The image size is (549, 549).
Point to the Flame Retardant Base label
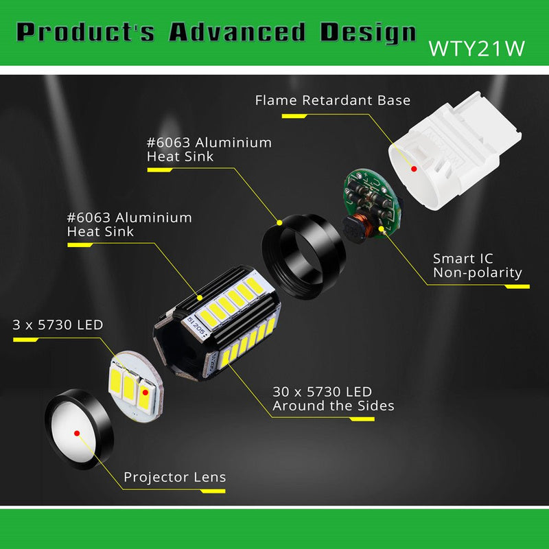332,100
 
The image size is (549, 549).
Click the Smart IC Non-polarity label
477,266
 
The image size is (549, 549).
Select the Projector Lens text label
174,477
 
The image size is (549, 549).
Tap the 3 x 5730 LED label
58,325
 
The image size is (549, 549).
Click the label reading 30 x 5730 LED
322,392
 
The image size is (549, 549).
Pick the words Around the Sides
333,406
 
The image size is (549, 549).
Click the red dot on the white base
414,168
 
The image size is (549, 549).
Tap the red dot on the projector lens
77,433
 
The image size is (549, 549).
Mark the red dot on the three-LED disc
145,393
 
